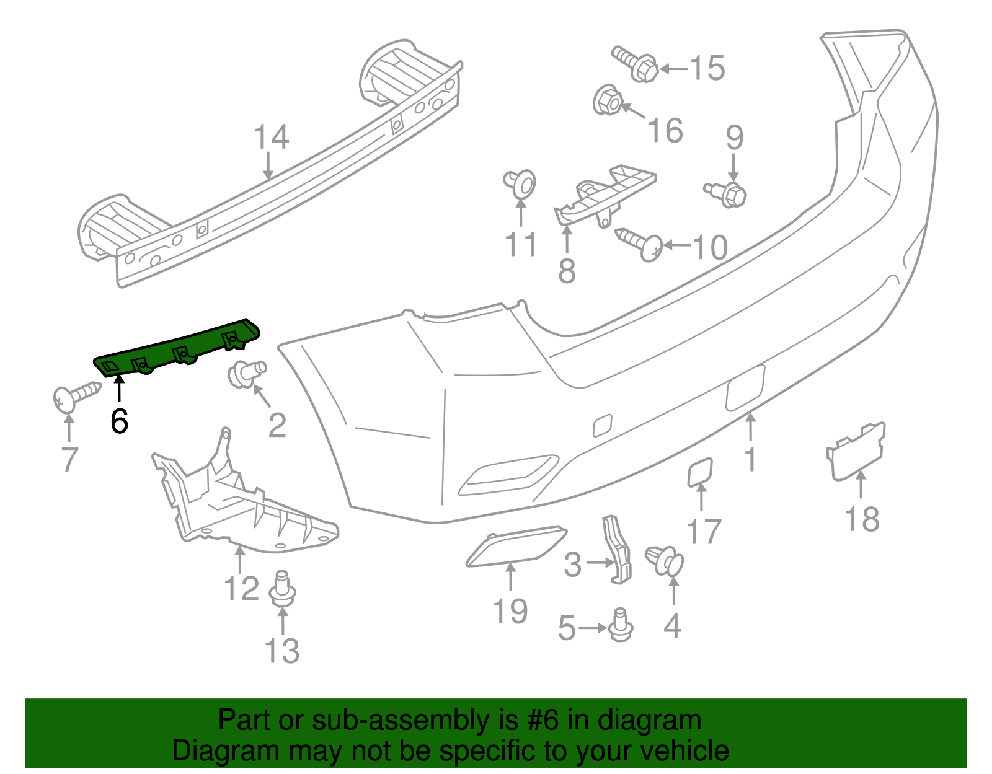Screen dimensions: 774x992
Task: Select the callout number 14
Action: [x=272, y=137]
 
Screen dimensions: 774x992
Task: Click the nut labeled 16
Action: [x=608, y=100]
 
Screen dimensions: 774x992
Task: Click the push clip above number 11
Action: [x=520, y=183]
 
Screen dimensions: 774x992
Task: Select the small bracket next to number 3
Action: [x=617, y=549]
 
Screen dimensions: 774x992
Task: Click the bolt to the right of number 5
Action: [x=620, y=626]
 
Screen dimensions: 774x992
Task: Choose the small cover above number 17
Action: [x=700, y=472]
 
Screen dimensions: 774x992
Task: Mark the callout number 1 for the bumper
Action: [x=751, y=459]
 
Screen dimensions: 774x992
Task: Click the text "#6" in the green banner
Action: [x=543, y=721]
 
